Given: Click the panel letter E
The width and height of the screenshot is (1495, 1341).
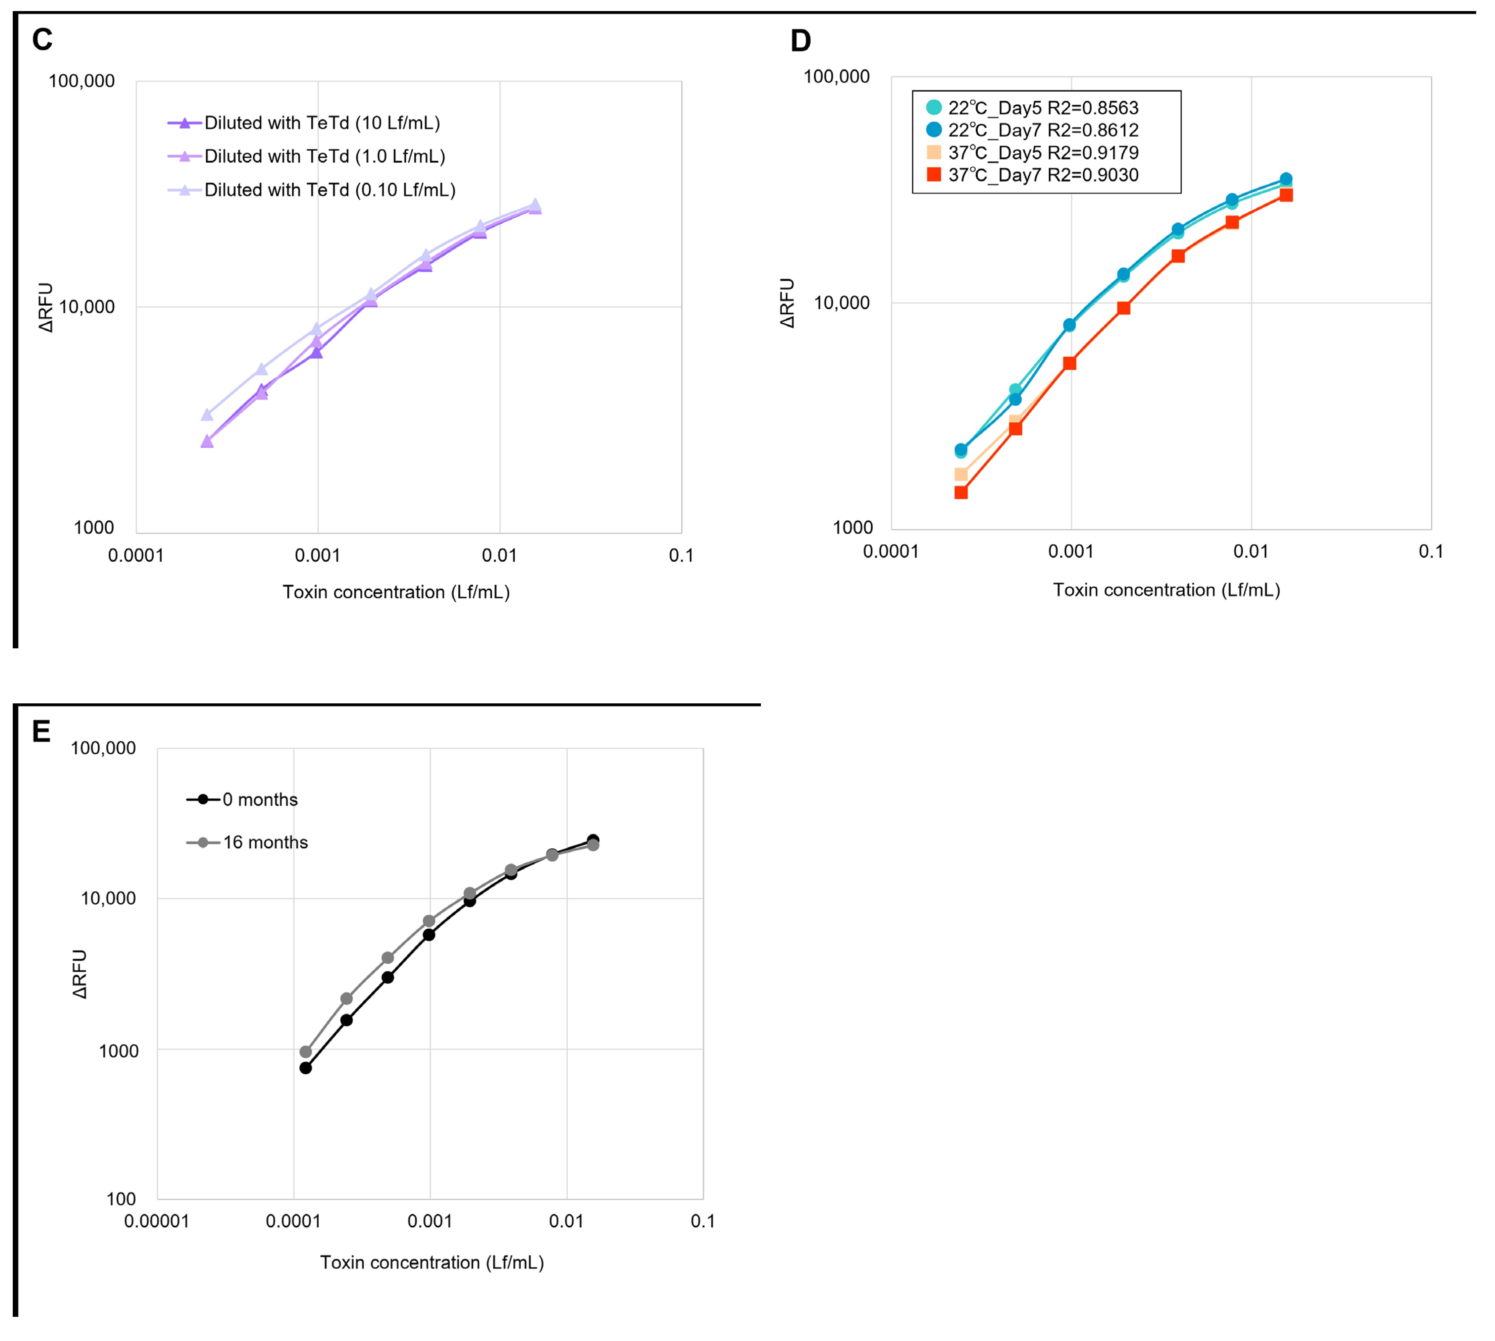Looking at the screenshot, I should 41,732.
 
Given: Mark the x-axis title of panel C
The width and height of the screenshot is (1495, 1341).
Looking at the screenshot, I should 397,592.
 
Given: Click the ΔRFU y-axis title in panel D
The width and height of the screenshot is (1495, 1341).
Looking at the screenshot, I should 788,303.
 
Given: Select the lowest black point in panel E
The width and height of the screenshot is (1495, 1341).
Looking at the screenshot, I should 306,1068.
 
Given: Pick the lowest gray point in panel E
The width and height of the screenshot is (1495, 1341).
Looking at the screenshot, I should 306,1052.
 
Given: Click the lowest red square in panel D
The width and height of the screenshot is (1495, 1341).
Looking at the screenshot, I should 961,492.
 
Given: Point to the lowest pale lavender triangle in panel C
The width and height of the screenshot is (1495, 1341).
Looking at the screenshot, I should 207,415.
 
